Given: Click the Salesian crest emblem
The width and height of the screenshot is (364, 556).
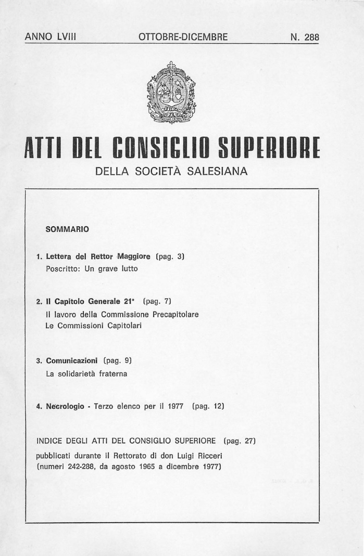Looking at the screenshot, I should tap(171, 93).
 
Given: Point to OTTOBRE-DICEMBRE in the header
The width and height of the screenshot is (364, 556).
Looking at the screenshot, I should tap(183, 37).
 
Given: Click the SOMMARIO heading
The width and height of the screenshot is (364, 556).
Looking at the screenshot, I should tap(67, 229).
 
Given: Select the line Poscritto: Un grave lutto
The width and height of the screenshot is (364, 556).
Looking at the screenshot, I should tap(92, 269).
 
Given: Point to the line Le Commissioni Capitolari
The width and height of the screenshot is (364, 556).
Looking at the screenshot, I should tap(94, 326).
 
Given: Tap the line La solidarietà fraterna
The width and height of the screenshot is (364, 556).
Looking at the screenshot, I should tap(86, 373).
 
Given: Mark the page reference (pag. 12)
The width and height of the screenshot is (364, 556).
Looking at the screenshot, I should tap(209, 406).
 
